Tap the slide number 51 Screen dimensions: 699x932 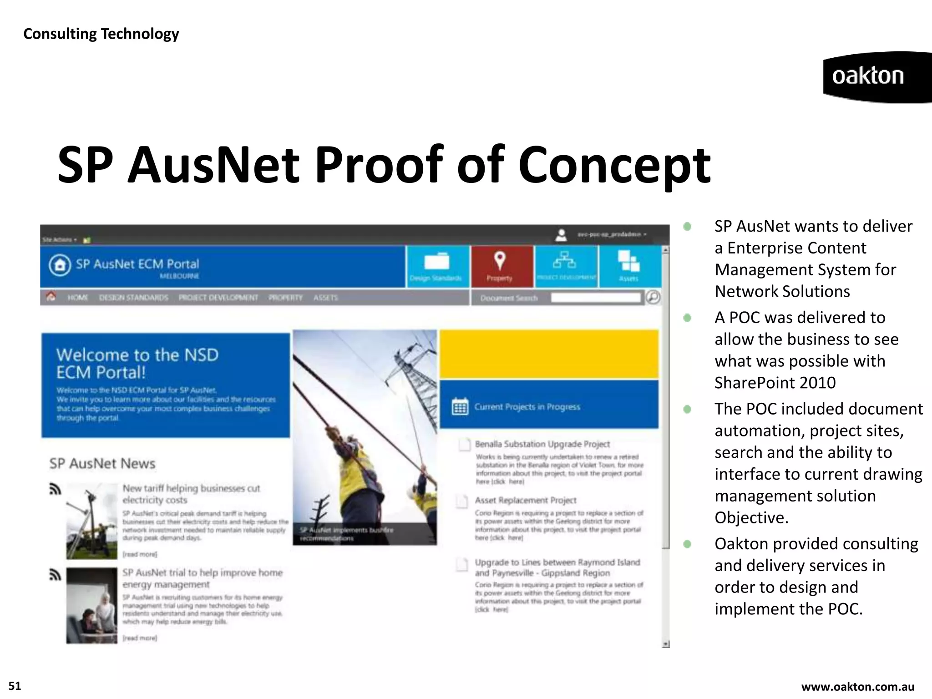[x=15, y=686]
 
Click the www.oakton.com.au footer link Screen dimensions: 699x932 [x=857, y=687]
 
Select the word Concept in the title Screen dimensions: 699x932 [x=614, y=165]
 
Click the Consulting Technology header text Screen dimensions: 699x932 [x=101, y=34]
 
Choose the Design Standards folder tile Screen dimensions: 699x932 [x=436, y=267]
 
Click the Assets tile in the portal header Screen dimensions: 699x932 [x=629, y=267]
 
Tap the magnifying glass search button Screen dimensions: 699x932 [x=653, y=297]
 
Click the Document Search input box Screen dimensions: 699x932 [x=595, y=298]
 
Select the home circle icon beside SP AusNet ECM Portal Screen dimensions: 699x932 [x=60, y=265]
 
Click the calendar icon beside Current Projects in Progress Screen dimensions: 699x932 [x=460, y=406]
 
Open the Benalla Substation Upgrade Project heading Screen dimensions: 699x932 [x=542, y=444]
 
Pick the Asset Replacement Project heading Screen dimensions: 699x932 [x=525, y=500]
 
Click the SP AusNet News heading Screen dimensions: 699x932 [x=102, y=463]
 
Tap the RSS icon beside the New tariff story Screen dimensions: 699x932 [x=55, y=490]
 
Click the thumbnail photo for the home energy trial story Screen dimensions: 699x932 [x=91, y=605]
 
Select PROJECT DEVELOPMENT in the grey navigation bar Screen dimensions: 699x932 [x=218, y=298]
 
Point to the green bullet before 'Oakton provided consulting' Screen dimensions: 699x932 [x=687, y=544]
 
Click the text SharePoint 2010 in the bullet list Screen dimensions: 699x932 [x=775, y=383]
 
